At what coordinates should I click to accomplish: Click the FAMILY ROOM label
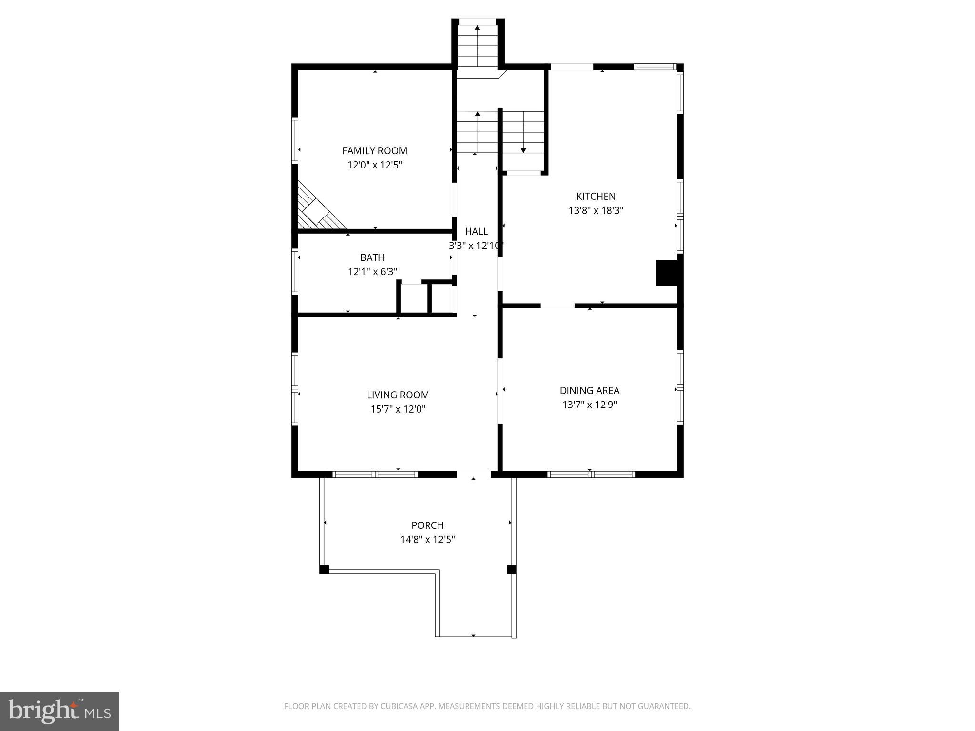374,151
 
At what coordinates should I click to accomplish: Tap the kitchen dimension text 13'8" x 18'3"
596,210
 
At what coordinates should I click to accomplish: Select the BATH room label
372,257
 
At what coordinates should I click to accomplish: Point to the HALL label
476,232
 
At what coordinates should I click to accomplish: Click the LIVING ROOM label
398,395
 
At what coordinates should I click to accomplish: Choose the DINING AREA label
589,391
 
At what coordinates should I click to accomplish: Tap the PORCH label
427,525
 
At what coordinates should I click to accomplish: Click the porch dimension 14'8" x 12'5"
427,540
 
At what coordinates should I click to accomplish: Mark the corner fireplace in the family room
317,209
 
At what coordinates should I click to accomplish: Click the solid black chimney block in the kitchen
667,273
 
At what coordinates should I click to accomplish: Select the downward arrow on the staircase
523,150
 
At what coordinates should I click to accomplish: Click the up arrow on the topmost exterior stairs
477,28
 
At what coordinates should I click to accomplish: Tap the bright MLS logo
59,711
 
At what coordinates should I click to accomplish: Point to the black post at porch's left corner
324,570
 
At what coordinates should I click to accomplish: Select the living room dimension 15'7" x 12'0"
398,409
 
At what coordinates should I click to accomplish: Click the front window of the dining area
591,474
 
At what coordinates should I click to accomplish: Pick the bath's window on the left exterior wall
295,271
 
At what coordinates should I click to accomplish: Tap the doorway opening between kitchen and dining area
557,306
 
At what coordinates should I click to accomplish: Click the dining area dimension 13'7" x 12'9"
589,405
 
